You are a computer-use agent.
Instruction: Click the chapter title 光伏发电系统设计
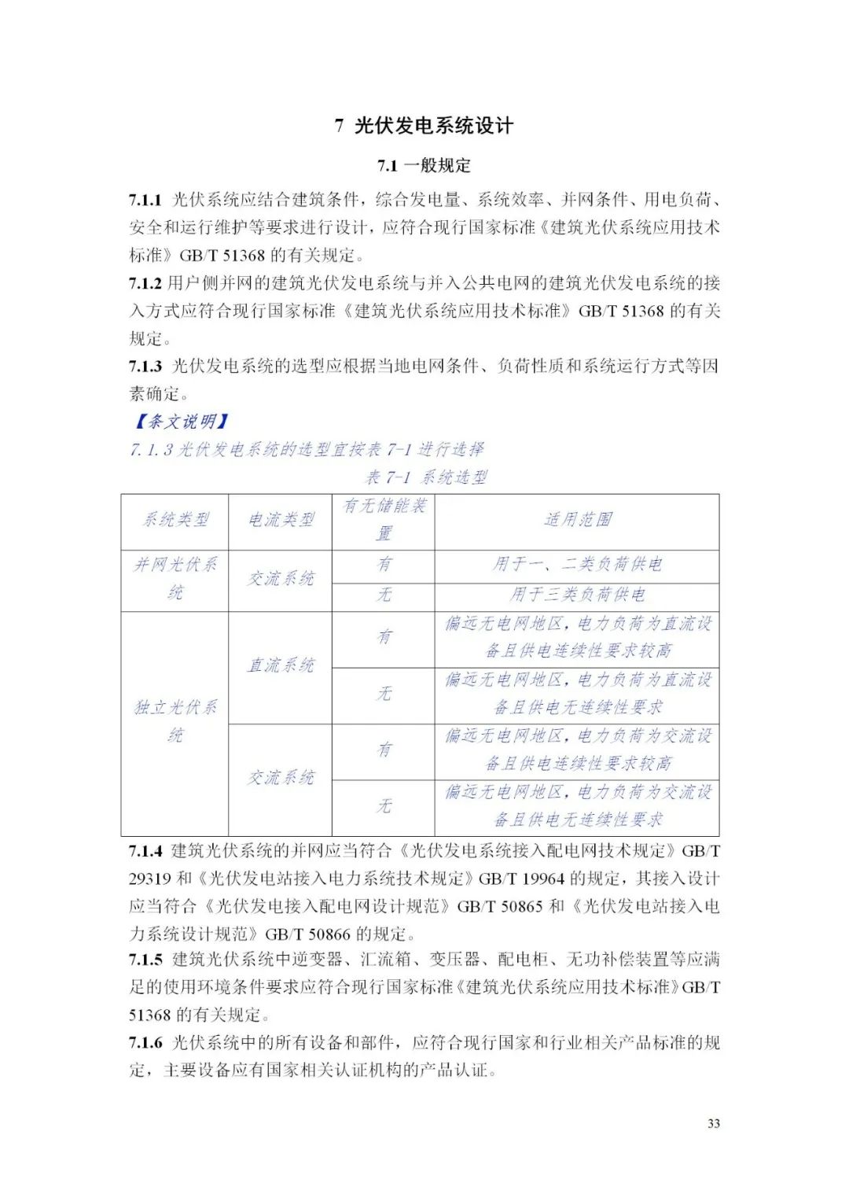click(433, 126)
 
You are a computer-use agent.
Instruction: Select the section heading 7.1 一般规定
click(424, 166)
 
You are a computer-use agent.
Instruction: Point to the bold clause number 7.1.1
click(145, 200)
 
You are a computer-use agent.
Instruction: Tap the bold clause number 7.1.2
click(145, 283)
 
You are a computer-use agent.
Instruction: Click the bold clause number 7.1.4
click(145, 851)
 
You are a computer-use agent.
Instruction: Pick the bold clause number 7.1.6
click(145, 1043)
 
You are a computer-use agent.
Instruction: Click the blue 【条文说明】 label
click(181, 422)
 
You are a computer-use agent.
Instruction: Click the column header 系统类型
click(175, 520)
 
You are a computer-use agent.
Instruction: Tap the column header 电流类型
click(281, 520)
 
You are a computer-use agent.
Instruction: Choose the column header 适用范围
click(577, 520)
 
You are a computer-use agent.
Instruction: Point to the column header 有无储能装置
click(384, 520)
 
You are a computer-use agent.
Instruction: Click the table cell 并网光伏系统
click(175, 578)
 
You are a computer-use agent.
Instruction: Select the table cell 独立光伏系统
click(175, 721)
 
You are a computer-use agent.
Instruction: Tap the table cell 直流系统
click(281, 665)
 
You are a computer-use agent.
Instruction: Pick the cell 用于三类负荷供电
click(577, 595)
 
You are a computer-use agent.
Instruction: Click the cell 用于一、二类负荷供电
click(577, 565)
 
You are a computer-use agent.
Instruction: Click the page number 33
click(713, 1123)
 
